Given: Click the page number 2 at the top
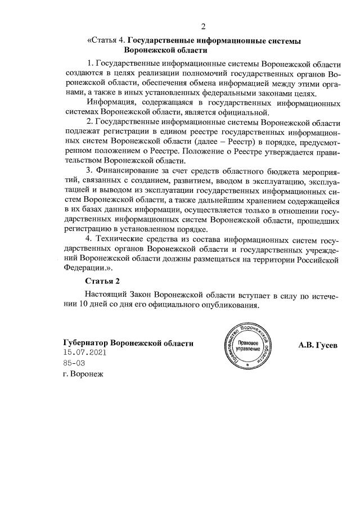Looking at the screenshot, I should pos(204,26).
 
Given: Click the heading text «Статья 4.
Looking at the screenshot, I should pos(107,40).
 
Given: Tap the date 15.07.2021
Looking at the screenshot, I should pos(85,353).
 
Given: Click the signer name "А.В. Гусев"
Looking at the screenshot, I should pos(318,345).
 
